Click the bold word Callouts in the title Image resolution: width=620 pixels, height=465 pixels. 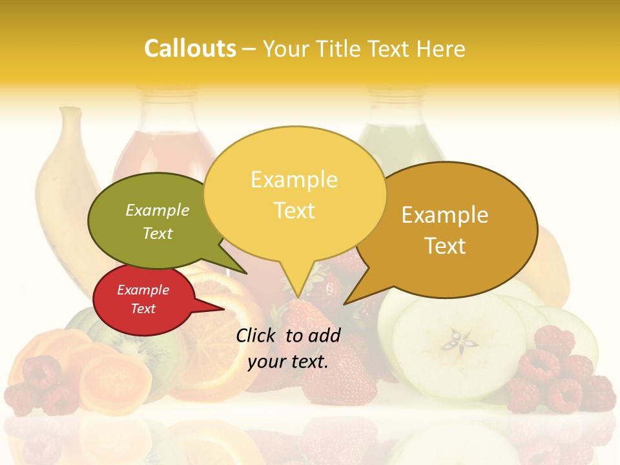[190, 48]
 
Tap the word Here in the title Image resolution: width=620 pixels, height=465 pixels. [442, 48]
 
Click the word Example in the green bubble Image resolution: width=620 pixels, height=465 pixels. [158, 211]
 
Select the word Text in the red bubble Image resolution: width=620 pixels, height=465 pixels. [143, 309]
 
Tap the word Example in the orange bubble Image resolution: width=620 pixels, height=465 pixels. [445, 215]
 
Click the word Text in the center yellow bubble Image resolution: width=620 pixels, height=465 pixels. [294, 211]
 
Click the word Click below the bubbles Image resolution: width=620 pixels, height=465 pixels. [258, 335]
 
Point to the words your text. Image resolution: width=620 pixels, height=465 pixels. [288, 362]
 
